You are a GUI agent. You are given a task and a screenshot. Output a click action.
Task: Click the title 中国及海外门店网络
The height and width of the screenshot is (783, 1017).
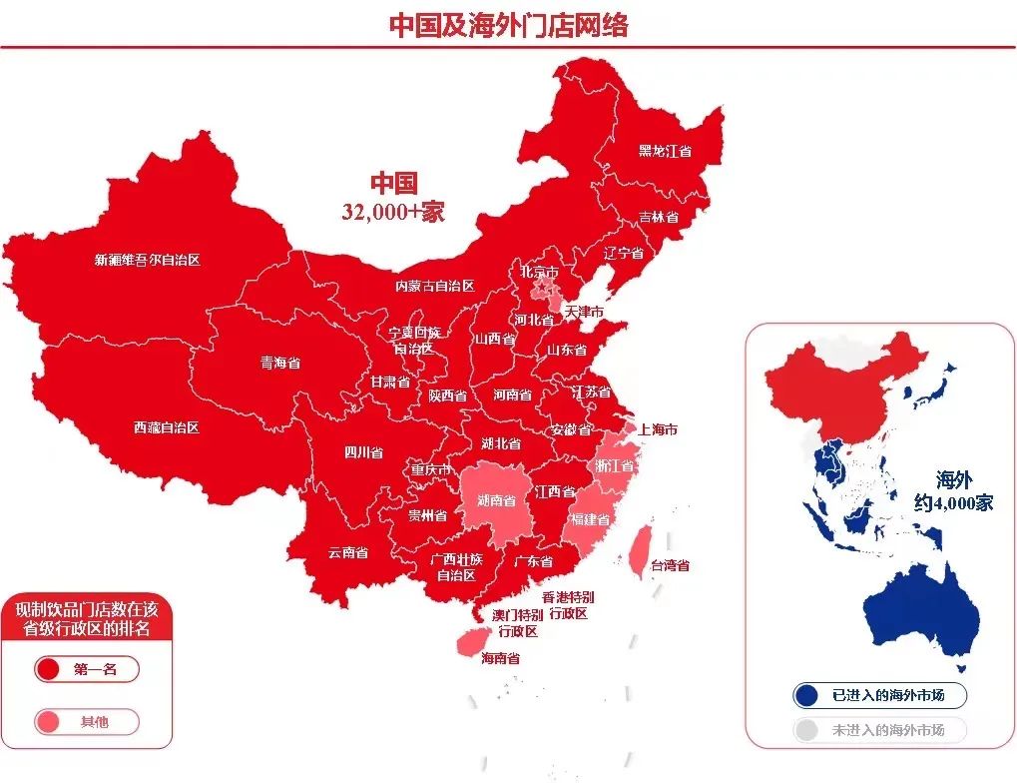coord(508,25)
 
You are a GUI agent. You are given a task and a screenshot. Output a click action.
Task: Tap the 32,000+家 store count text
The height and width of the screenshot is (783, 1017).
coord(392,212)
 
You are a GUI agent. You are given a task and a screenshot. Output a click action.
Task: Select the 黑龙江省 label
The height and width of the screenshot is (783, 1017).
coord(665,151)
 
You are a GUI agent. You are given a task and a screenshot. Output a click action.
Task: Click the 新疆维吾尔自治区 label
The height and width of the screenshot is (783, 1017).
coord(147,260)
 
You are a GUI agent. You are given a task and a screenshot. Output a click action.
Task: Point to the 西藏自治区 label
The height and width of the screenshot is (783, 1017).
coord(166,427)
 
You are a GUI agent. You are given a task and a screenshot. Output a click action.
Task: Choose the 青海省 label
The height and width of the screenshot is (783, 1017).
coord(279,363)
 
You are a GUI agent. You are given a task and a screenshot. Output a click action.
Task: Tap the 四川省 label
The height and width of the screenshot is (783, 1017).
coord(363,452)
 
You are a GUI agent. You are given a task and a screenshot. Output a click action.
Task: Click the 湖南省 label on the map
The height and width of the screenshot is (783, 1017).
coord(496,500)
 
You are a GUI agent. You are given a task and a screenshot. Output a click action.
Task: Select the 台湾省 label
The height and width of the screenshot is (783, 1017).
coord(670,565)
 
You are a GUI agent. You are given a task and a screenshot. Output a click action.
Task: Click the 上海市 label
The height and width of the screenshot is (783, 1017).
coord(658,429)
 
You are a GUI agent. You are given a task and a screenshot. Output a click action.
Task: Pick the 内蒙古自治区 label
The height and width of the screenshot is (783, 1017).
coord(434,286)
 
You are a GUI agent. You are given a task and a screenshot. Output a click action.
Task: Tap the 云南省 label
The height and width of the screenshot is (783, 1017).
coord(347,552)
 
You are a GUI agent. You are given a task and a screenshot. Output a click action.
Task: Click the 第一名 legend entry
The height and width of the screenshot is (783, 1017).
coord(87,669)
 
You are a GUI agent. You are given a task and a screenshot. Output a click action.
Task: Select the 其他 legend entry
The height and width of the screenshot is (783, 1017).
coord(87,721)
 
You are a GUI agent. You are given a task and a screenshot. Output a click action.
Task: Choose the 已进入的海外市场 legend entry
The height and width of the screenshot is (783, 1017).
coord(881,694)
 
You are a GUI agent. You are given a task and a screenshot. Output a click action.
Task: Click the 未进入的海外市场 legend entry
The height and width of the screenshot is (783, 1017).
coord(881,730)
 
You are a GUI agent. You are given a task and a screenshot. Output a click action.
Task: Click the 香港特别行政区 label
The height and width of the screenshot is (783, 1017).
coord(565,605)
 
